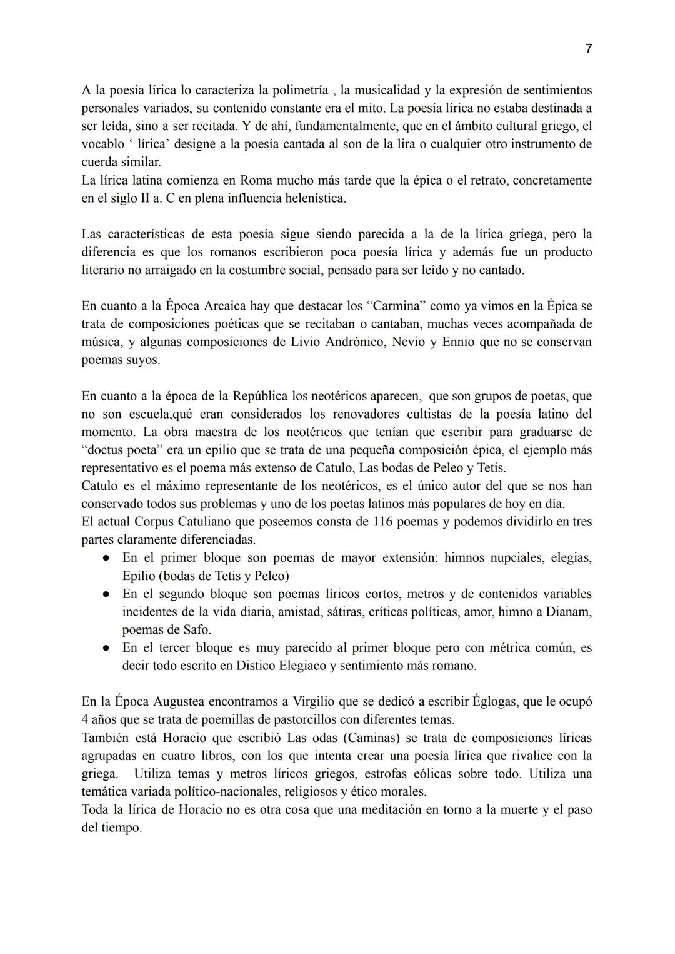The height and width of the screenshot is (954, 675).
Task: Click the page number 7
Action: tap(588, 49)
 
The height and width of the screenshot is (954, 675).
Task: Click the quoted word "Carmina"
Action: tap(396, 306)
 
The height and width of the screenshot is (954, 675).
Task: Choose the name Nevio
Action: tap(408, 342)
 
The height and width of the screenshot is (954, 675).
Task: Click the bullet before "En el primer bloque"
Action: tap(107, 558)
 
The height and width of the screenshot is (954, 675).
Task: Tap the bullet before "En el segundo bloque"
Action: tap(107, 594)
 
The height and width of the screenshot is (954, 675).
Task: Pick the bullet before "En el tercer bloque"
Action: tap(107, 648)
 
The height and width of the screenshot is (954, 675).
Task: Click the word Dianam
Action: tap(569, 612)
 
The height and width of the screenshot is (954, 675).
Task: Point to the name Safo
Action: tap(193, 630)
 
